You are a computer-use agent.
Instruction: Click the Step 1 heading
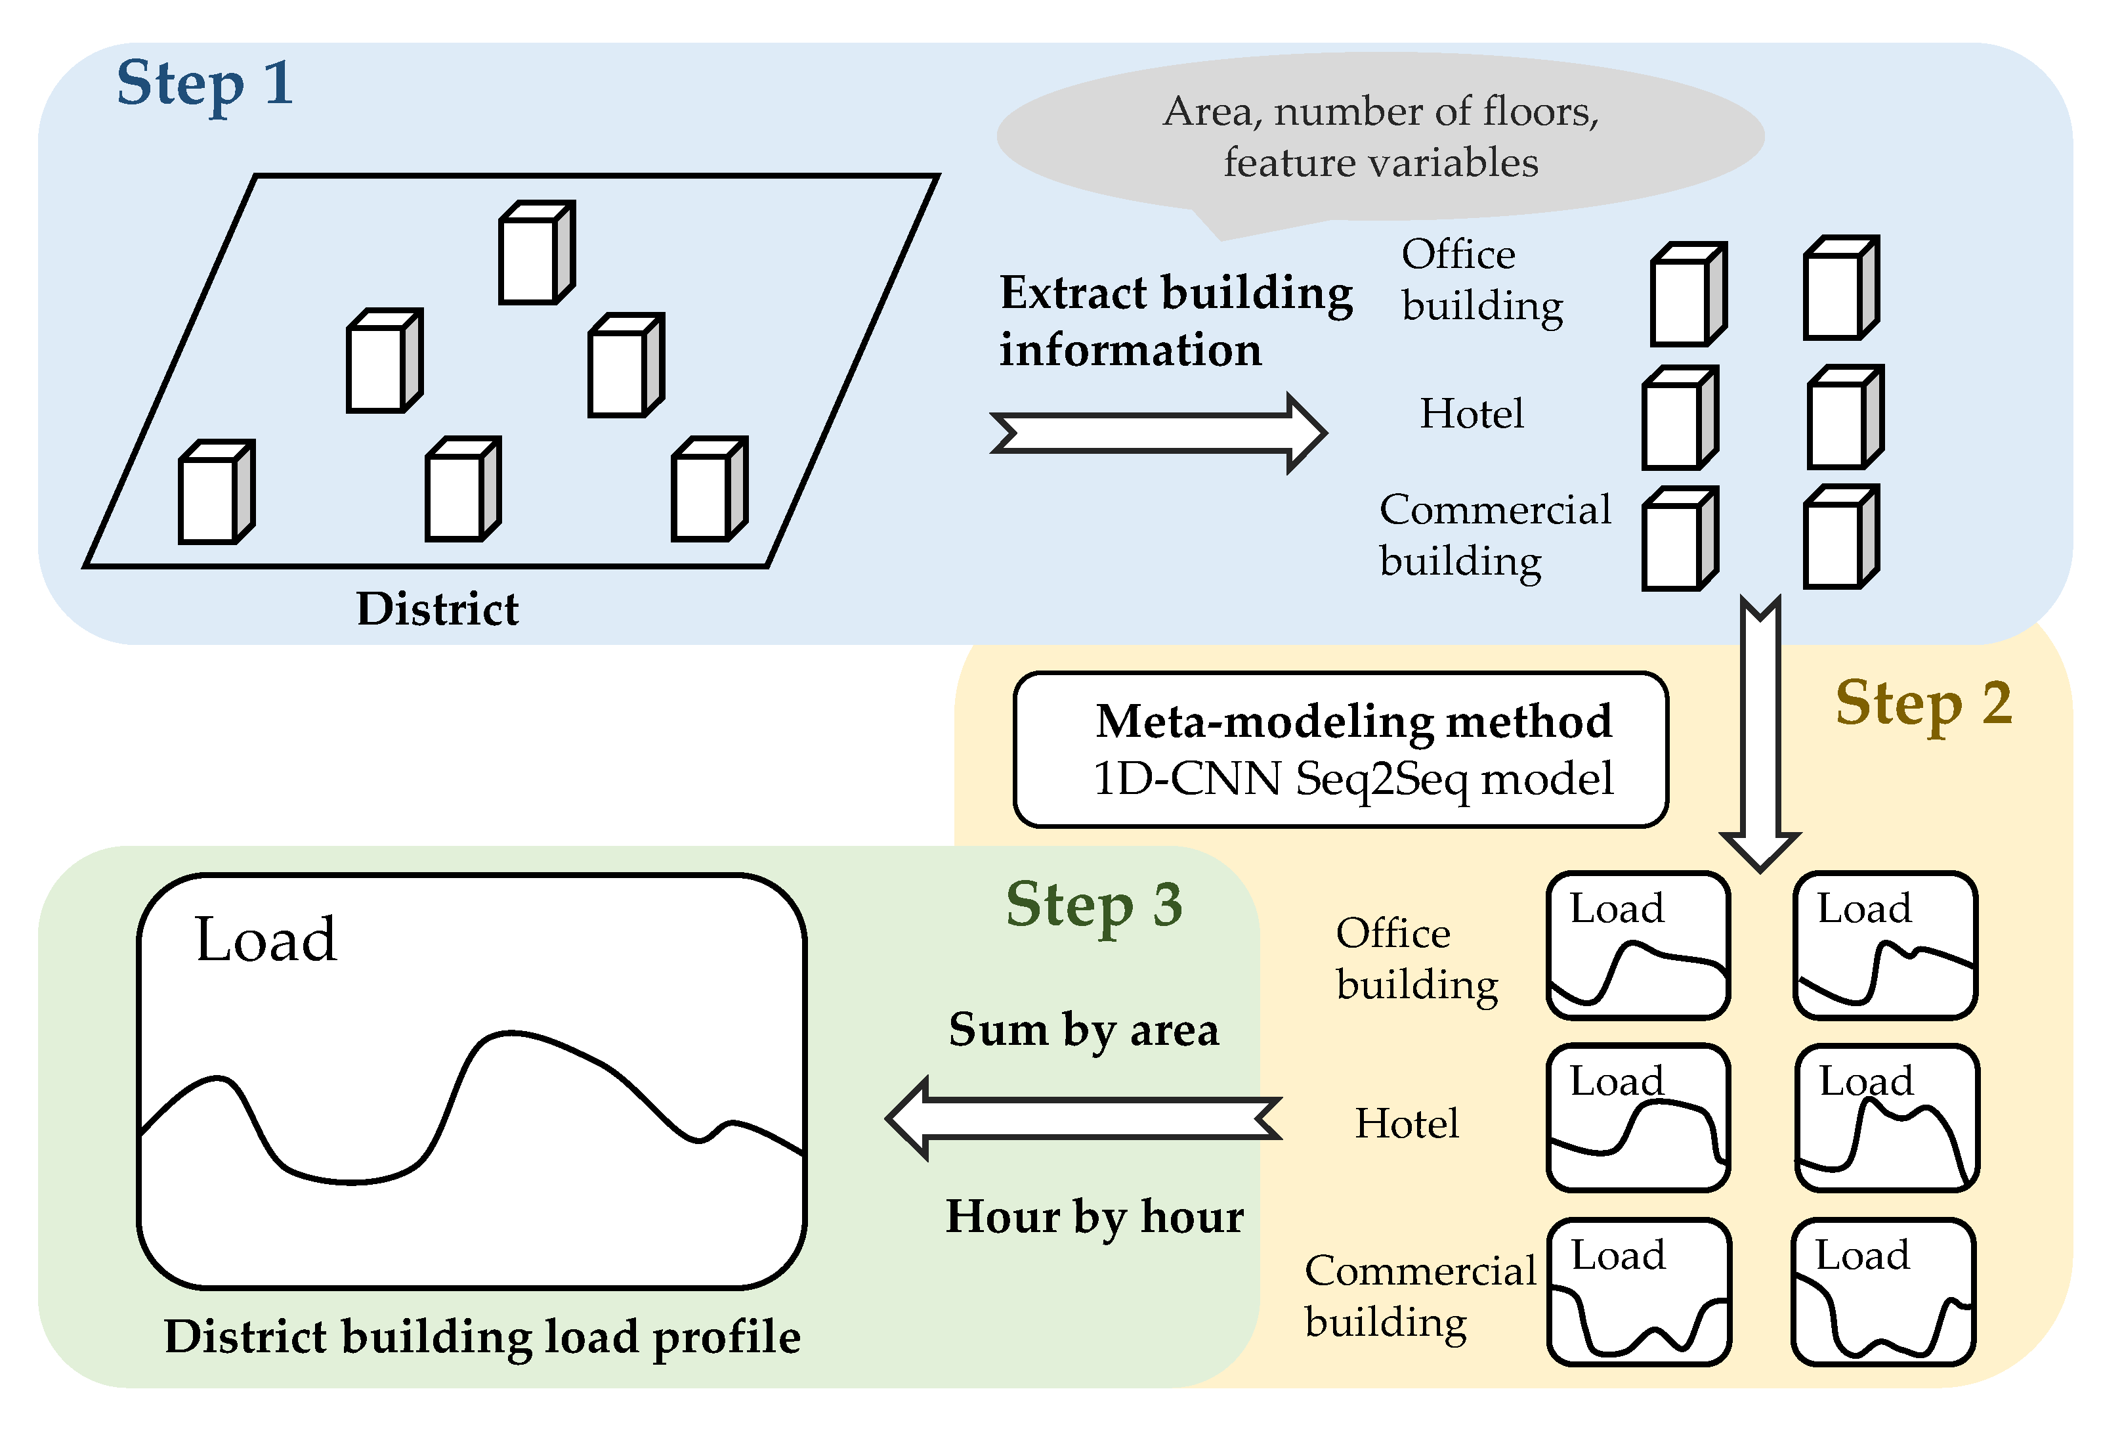(205, 84)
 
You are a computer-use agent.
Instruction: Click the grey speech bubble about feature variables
(1380, 137)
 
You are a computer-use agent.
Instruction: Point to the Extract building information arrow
(1157, 433)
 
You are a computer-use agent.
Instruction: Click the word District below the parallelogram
(436, 609)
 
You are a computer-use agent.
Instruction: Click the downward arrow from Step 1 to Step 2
(1760, 731)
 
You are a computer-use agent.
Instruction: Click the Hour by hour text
(1094, 1218)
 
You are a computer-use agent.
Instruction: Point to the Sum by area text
(1084, 1030)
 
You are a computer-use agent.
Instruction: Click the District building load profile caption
(482, 1337)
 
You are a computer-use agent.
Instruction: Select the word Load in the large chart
(266, 940)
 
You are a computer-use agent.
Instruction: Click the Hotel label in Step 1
(1471, 414)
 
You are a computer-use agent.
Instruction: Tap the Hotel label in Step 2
(1406, 1124)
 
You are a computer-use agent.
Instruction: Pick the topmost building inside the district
(536, 253)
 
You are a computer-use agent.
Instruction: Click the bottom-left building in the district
(215, 493)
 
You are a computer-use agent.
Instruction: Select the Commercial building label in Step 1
(1494, 535)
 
